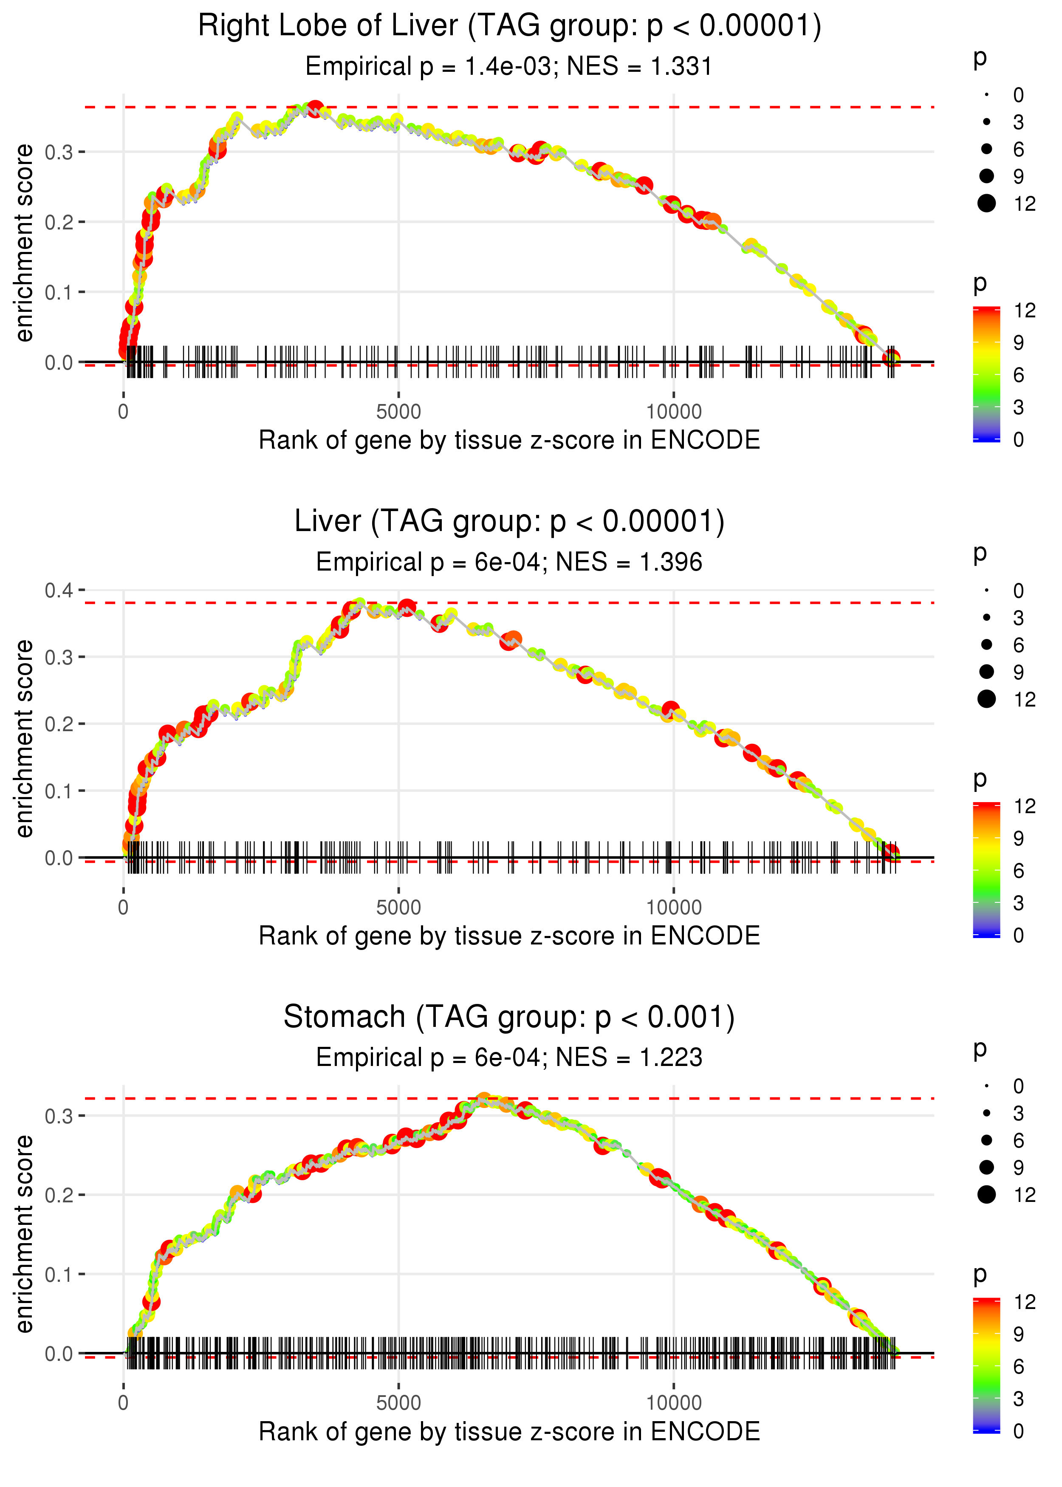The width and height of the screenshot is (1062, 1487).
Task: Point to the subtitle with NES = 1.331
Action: point(509,67)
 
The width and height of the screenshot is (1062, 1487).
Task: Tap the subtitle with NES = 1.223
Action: point(509,1057)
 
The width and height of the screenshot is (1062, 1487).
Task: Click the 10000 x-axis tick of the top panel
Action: point(674,412)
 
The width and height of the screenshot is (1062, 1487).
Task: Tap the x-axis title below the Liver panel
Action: point(509,936)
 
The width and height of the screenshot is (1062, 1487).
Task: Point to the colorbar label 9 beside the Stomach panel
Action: point(1018,1334)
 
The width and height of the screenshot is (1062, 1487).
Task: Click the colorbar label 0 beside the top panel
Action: point(1018,439)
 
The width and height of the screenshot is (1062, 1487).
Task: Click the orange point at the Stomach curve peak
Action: point(484,1100)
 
